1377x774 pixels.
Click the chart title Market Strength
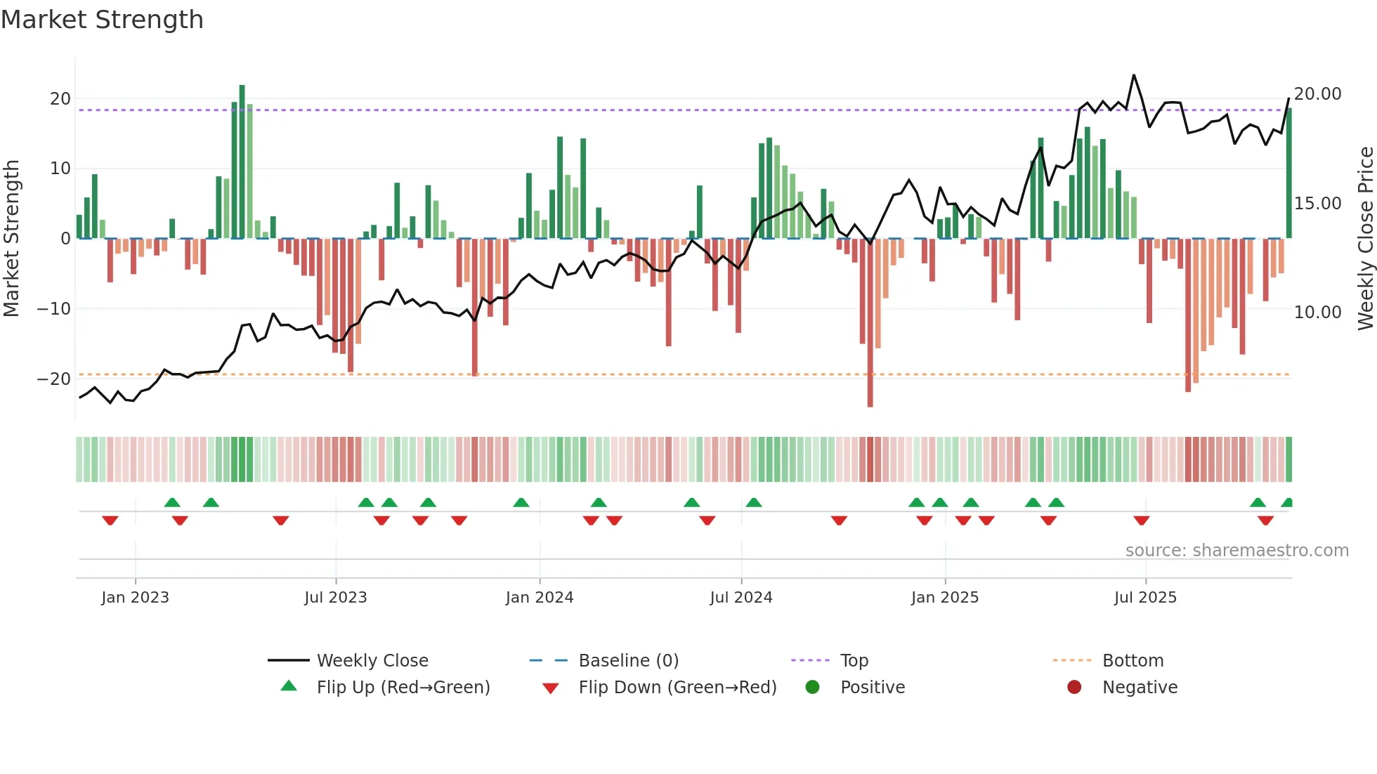102,20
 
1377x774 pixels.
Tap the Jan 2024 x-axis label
539,597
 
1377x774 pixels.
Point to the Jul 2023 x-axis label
335,597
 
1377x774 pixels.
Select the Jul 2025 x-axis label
1144,597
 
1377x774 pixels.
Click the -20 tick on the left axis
54,379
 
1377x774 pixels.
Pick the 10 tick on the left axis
60,169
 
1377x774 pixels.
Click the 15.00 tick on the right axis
1317,204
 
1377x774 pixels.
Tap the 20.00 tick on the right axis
1317,94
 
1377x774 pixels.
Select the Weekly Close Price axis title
1364,238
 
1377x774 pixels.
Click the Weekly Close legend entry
372,661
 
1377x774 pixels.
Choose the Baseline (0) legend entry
628,661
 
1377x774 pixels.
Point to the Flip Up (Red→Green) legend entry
403,688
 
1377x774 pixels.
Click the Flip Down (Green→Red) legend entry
677,688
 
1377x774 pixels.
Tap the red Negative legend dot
1073,688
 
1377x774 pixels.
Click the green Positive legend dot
812,688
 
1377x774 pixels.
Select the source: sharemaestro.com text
1236,551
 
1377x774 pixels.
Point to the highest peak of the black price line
1133,75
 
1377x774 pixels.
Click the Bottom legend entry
1132,661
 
